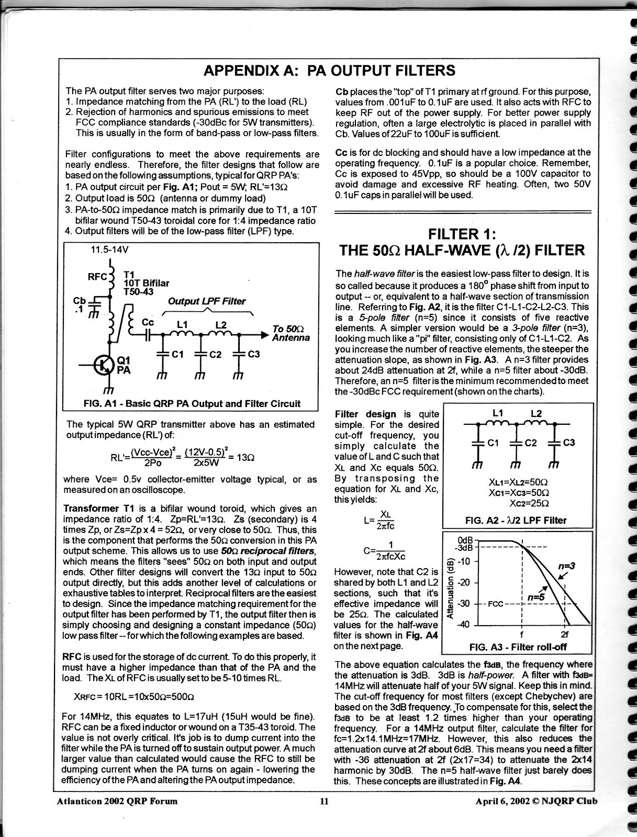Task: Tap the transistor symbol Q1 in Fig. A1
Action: tap(101, 365)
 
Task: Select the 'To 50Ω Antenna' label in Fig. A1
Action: tap(291, 333)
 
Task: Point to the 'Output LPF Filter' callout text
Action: tap(207, 301)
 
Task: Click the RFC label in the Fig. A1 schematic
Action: tap(97, 276)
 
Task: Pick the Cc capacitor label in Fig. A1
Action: tap(148, 323)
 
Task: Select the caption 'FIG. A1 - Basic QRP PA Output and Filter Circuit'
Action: tap(192, 403)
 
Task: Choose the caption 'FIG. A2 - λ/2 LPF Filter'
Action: tap(516, 520)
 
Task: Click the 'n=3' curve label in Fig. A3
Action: tap(566, 565)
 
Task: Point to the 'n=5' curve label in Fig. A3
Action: tap(536, 597)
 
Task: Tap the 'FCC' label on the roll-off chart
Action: tap(495, 604)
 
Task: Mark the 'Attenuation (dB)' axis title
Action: tap(450, 587)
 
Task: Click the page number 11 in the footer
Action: tap(324, 801)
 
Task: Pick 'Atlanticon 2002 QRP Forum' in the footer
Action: tap(117, 801)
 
